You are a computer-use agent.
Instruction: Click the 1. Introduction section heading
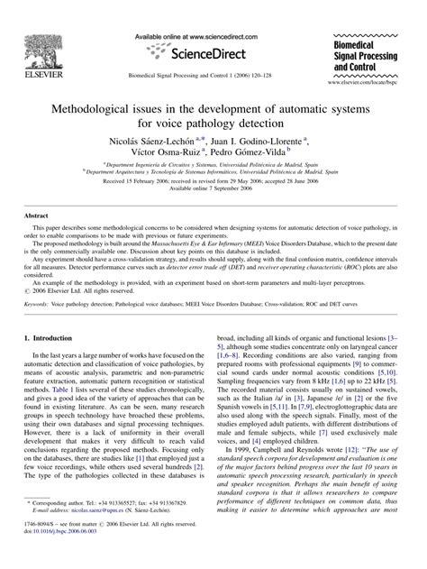click(x=55, y=336)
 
